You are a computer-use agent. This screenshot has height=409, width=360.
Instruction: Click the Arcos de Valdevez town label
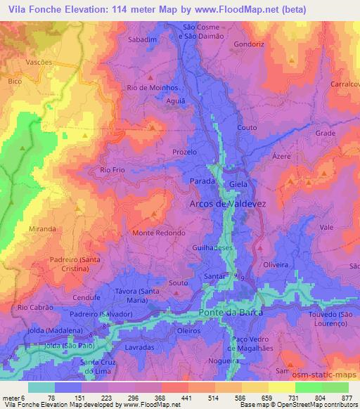point(229,204)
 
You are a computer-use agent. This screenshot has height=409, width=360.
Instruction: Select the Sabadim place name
point(142,40)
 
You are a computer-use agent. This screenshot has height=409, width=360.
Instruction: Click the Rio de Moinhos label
point(151,87)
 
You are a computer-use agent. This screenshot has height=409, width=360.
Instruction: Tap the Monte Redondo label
point(159,233)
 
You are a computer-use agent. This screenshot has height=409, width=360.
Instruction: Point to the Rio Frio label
point(112,170)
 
